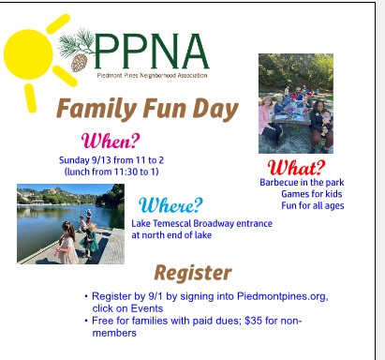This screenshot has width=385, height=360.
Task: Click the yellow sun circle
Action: pos(28,53)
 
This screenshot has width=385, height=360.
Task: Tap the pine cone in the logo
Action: pos(79,62)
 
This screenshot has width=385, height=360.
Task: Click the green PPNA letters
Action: pos(151,51)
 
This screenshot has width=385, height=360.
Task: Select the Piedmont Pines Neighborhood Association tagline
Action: pos(152,75)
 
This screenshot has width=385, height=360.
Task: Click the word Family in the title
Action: pos(96,109)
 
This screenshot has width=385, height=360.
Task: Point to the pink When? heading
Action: pos(111,141)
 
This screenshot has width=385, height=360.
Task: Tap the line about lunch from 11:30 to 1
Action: pos(111,172)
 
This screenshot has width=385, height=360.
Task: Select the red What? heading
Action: pos(296,168)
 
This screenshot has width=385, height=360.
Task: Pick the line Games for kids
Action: pos(312,194)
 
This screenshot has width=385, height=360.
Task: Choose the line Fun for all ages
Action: pos(313,205)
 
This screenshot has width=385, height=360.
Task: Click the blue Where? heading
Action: pos(170,205)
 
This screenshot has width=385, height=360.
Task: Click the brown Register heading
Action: pos(193,273)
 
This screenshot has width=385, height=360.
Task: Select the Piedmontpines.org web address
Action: pos(283,296)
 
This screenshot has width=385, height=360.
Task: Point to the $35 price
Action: pos(253,321)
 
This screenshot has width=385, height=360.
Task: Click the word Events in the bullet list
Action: pos(147,308)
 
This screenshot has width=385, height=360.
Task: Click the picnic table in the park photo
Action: pos(293,116)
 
